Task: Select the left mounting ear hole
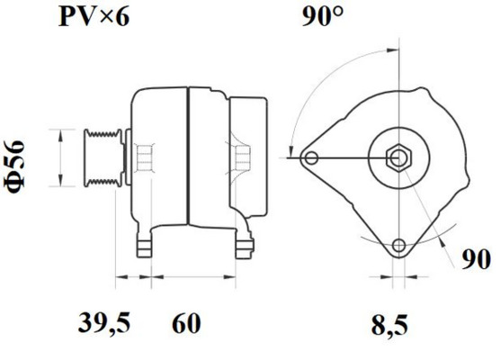(311, 158)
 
